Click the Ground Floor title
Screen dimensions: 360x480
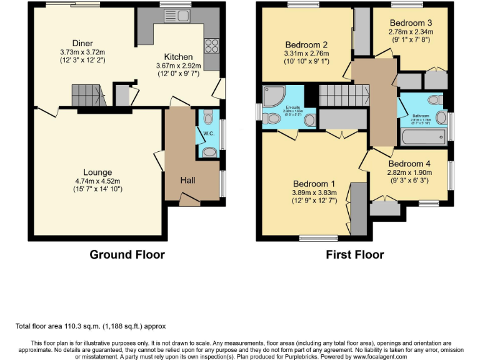(x=127, y=254)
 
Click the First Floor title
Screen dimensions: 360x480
(x=354, y=254)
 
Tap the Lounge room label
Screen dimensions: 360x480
(x=98, y=172)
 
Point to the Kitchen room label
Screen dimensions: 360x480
(x=178, y=57)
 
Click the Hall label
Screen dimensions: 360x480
(x=187, y=180)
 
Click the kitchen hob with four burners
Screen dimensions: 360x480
(x=211, y=46)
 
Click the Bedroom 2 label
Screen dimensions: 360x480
(x=306, y=45)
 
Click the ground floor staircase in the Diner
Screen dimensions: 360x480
(x=86, y=96)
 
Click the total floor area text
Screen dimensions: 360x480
(x=91, y=326)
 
